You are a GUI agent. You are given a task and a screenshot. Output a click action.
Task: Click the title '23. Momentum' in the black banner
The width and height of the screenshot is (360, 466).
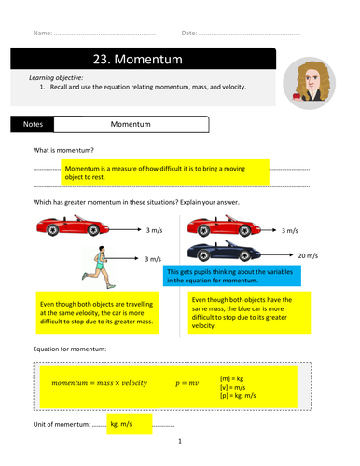[138, 59]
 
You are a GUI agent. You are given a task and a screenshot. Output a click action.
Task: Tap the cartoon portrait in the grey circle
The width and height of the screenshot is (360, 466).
[309, 83]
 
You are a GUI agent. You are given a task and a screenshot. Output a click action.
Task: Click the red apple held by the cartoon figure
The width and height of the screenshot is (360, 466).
[297, 96]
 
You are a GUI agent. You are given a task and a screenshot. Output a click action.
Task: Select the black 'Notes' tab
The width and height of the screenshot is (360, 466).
[33, 124]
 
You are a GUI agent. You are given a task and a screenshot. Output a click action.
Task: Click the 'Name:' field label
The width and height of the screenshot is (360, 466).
[43, 33]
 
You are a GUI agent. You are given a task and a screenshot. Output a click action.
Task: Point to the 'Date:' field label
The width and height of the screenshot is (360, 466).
[189, 33]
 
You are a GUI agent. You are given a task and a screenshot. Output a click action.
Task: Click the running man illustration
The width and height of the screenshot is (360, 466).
[99, 267]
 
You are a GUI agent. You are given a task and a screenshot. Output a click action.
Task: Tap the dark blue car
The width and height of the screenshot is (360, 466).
[224, 251]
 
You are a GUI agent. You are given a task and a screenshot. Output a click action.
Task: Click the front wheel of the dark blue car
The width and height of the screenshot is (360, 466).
[245, 255]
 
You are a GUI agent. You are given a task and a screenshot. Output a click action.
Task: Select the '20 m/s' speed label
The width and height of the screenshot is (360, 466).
[308, 255]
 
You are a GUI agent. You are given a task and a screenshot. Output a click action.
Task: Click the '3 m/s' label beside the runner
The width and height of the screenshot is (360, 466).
[153, 259]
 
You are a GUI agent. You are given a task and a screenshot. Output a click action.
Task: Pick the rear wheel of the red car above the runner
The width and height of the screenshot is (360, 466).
[52, 230]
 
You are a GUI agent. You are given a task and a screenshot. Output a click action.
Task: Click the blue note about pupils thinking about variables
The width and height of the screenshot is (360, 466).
[232, 276]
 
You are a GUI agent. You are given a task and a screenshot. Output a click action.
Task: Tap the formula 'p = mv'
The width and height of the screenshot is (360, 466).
[187, 383]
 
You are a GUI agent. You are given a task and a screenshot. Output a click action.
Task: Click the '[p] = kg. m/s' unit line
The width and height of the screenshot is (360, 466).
[238, 395]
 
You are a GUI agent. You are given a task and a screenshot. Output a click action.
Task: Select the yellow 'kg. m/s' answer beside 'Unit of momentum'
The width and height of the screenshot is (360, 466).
[130, 424]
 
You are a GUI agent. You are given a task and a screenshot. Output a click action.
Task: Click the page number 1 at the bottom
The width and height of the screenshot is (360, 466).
[180, 441]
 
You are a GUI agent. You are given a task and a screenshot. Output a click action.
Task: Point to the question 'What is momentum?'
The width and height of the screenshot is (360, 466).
[63, 150]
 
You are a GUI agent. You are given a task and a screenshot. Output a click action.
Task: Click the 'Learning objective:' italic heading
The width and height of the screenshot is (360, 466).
[56, 77]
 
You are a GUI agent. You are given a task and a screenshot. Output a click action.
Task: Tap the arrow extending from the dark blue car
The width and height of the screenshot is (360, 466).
[277, 254]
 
